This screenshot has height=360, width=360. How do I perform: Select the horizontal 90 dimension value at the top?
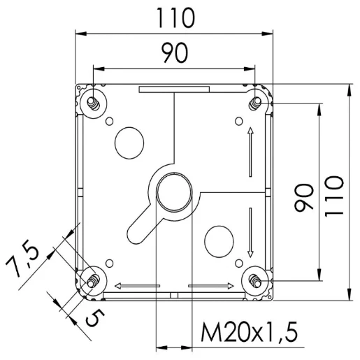[173, 54]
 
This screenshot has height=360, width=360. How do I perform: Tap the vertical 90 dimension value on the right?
[303, 198]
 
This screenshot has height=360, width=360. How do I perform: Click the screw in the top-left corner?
[93, 102]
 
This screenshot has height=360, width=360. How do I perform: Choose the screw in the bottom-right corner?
[255, 280]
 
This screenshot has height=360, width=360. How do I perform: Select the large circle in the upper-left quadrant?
[127, 142]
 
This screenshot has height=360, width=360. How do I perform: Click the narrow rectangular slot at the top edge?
[173, 89]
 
